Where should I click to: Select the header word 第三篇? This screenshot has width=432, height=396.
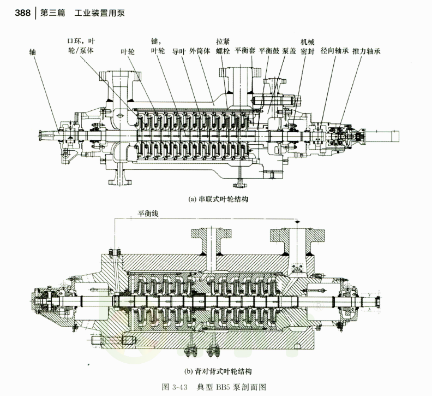coord(52,11)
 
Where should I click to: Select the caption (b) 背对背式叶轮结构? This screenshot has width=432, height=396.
coord(218,373)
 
